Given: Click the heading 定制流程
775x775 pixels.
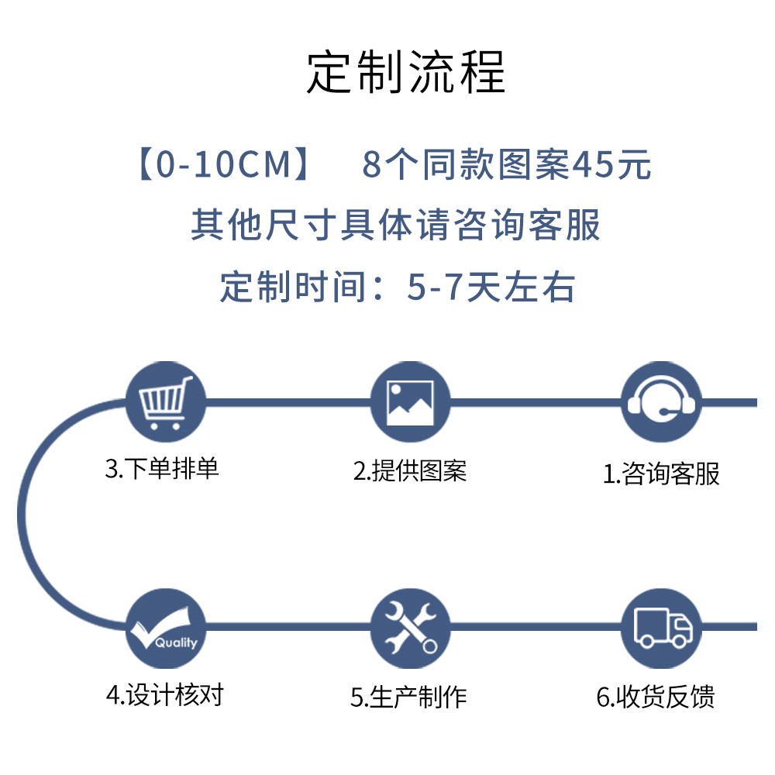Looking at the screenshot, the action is pos(406,73).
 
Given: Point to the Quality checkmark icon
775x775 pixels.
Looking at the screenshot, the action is pos(165,628).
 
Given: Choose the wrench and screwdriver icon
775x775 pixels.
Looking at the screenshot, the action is pos(410,628).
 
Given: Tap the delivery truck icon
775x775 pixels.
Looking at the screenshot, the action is pos(661,628).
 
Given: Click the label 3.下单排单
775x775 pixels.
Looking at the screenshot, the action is pos(162,469).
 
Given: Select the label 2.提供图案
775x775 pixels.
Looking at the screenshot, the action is pos(410,470).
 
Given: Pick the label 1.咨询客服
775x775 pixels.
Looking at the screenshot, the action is pos(661,474).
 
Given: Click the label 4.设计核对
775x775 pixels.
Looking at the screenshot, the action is pos(164,694).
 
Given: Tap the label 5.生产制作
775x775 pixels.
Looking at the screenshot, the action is pos(408,697).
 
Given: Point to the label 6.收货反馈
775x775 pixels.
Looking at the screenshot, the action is pos(656,697).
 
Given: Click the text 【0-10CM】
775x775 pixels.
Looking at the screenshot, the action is pos(224,165).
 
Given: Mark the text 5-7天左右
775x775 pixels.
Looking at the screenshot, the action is pos(491,288).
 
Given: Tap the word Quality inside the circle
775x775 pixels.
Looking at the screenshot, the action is pos(176,642).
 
